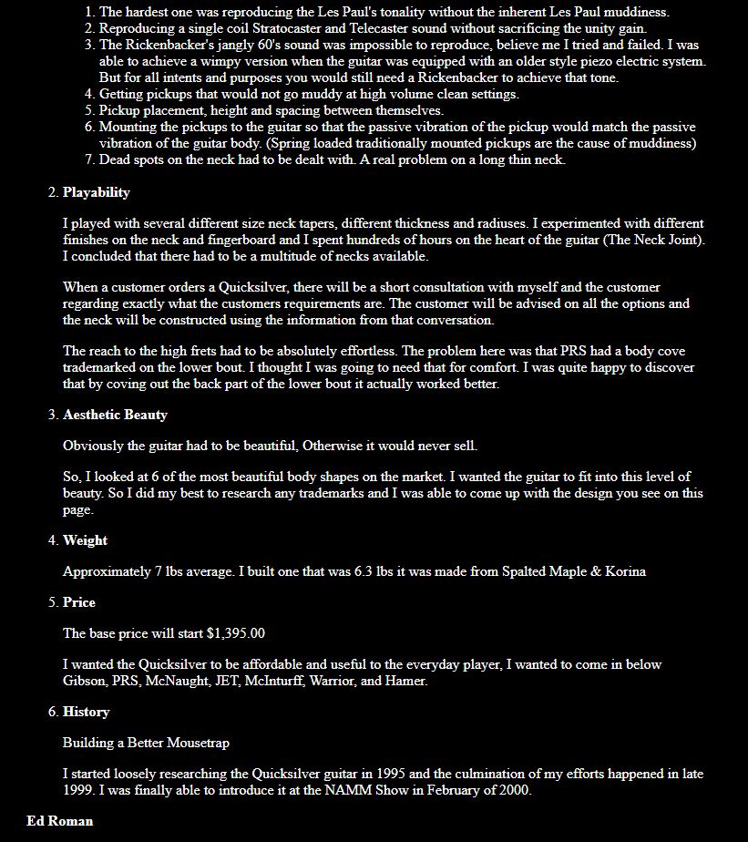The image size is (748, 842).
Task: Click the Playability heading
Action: coord(96,192)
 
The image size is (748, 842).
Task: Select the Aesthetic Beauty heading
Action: coord(115,415)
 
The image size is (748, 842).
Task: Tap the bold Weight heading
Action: coord(85,540)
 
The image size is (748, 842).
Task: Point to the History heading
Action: coord(86,712)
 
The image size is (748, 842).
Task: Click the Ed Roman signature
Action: coord(60,821)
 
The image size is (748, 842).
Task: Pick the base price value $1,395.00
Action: coord(236,633)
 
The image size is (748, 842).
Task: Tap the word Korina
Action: coord(626,571)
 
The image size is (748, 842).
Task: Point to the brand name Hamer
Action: coord(405,681)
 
